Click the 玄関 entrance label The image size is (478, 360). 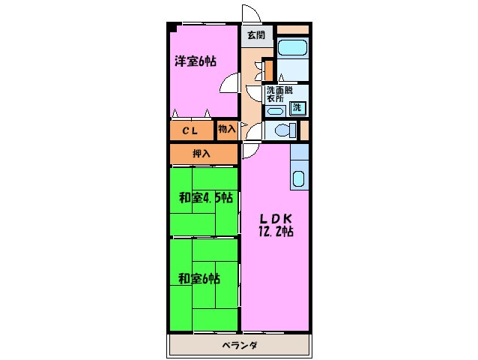pyautogui.click(x=255, y=35)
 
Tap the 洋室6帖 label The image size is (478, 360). pyautogui.click(x=196, y=61)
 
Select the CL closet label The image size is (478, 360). pyautogui.click(x=190, y=130)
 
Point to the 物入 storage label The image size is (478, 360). pyautogui.click(x=227, y=129)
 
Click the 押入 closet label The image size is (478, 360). pyautogui.click(x=201, y=154)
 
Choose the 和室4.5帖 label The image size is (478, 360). pyautogui.click(x=204, y=199)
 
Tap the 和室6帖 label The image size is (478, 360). pyautogui.click(x=199, y=279)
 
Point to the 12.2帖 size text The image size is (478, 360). pyautogui.click(x=275, y=232)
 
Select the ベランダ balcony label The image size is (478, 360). pyautogui.click(x=240, y=346)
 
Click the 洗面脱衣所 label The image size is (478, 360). pyautogui.click(x=276, y=94)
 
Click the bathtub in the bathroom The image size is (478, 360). pyautogui.click(x=293, y=49)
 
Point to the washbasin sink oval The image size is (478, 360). pyautogui.click(x=274, y=110)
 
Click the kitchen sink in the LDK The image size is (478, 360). pyautogui.click(x=297, y=181)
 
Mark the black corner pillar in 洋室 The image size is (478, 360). pyautogui.click(x=172, y=28)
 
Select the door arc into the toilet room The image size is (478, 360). pyautogui.click(x=255, y=130)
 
